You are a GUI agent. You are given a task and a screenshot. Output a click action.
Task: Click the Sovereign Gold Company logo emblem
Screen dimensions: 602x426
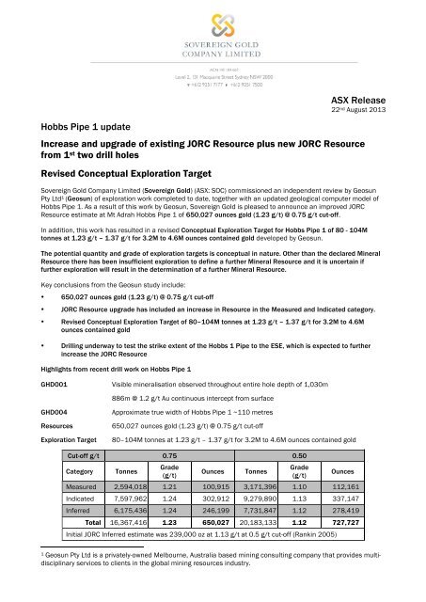pos(213,25)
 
